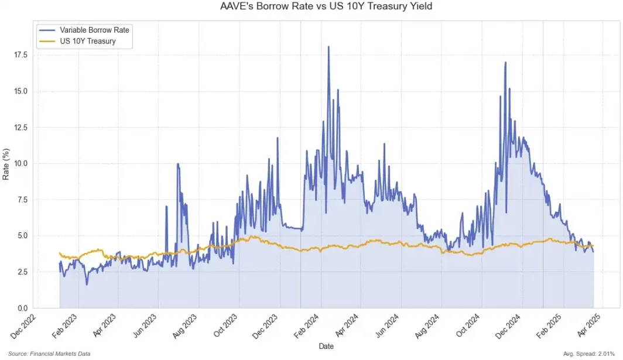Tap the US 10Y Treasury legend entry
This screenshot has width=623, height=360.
pyautogui.click(x=87, y=42)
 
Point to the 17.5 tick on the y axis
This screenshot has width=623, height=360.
pyautogui.click(x=22, y=54)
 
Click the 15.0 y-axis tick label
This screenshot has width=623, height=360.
pyautogui.click(x=22, y=91)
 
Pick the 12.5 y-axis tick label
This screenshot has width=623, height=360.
pyautogui.click(x=22, y=127)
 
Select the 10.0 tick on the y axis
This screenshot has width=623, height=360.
pyautogui.click(x=22, y=163)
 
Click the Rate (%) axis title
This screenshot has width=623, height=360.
pyautogui.click(x=6, y=164)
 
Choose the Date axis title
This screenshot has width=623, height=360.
pyautogui.click(x=326, y=347)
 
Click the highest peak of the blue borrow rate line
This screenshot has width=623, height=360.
pyautogui.click(x=328, y=47)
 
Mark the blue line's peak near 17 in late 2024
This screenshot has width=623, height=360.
pyautogui.click(x=505, y=62)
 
